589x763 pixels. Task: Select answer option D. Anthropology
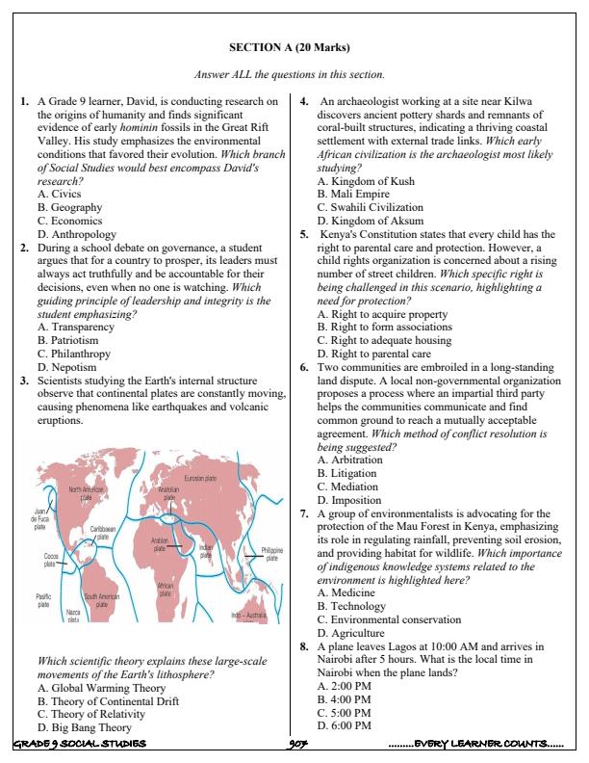[x=76, y=234]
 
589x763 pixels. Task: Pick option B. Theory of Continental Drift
[x=107, y=702]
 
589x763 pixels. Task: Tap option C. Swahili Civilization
[x=370, y=207]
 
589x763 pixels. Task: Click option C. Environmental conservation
[x=389, y=619]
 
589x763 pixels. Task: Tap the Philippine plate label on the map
[x=271, y=553]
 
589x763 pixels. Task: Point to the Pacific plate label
[x=43, y=600]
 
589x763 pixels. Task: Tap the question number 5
[x=303, y=234]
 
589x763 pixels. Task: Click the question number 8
[x=303, y=646]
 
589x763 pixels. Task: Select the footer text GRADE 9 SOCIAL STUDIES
[x=79, y=744]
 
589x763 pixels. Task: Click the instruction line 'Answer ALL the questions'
[x=290, y=74]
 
